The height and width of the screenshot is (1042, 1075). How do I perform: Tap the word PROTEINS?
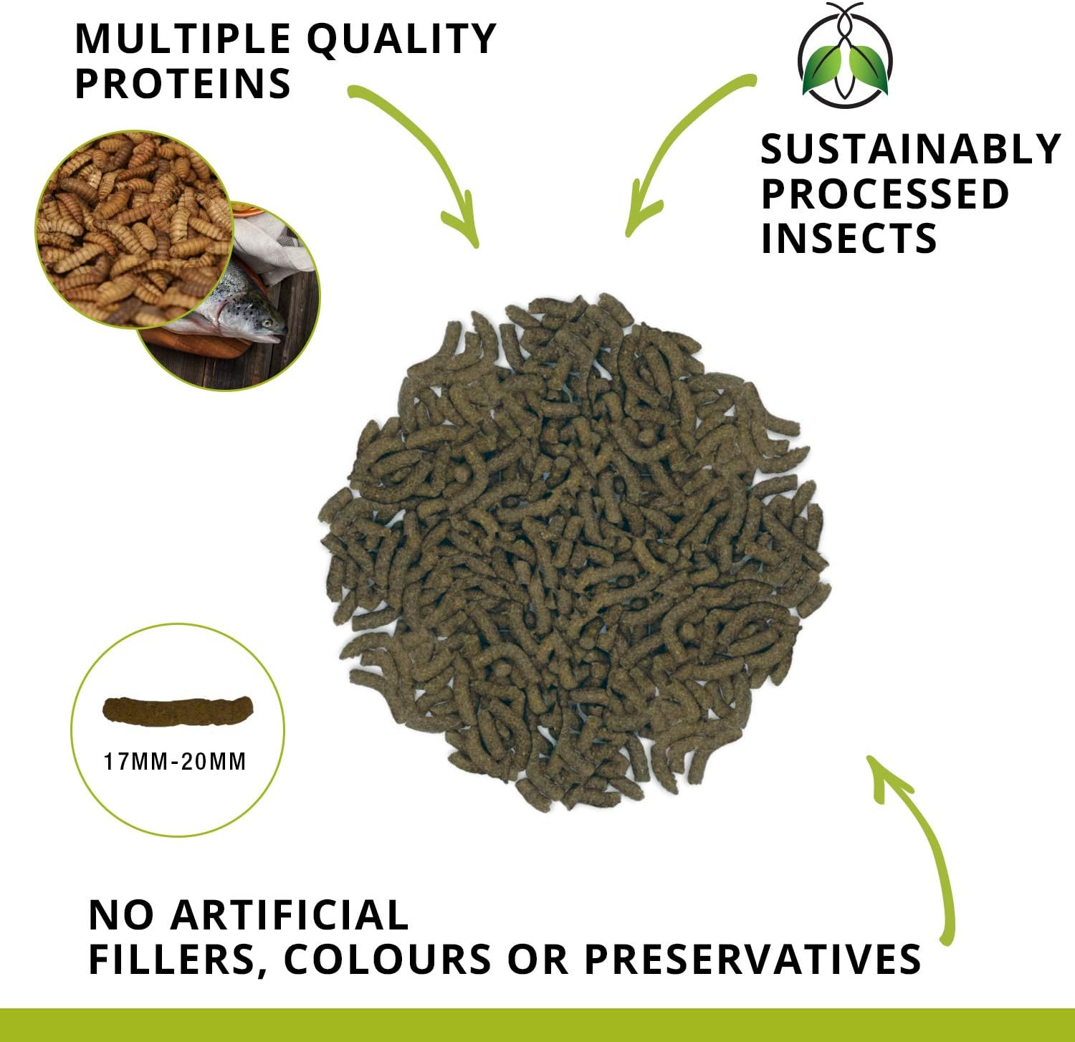click(x=183, y=84)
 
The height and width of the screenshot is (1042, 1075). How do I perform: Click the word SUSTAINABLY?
click(x=910, y=149)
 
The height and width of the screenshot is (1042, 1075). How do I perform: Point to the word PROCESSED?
click(x=885, y=193)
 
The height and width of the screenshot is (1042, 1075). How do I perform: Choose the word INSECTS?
click(x=849, y=239)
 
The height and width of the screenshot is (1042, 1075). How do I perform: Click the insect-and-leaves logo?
click(x=846, y=55)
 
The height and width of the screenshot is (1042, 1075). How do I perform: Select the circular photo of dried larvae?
click(x=135, y=229)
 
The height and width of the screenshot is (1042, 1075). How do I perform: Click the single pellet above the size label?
click(x=178, y=710)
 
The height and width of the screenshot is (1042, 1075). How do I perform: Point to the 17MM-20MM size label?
click(x=175, y=761)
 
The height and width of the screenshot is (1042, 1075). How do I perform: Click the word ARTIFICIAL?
click(x=290, y=915)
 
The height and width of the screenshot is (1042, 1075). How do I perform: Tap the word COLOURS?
click(x=388, y=960)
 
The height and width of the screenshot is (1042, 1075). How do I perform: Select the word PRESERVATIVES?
click(x=752, y=960)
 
